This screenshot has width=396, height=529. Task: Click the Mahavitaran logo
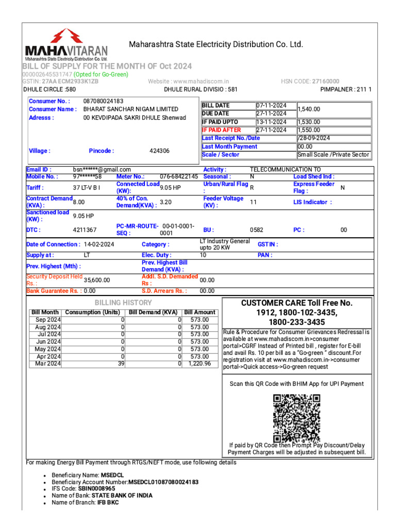click(x=67, y=45)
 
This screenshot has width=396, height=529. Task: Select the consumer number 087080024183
click(x=103, y=101)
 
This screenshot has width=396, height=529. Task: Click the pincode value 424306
click(x=159, y=151)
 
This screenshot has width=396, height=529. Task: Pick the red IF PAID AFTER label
click(x=221, y=130)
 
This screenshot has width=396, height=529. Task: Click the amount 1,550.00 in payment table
click(x=309, y=130)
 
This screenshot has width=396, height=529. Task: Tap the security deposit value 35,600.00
click(x=97, y=280)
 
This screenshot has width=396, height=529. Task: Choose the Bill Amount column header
click(x=200, y=313)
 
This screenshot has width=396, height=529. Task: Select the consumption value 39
click(x=121, y=364)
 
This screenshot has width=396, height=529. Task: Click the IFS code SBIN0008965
click(x=96, y=488)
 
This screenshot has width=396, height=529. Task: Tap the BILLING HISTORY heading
click(x=123, y=303)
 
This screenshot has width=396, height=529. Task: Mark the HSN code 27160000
click(x=325, y=82)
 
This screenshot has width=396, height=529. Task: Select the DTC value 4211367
click(x=85, y=230)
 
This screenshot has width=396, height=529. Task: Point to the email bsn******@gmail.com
click(x=102, y=169)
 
